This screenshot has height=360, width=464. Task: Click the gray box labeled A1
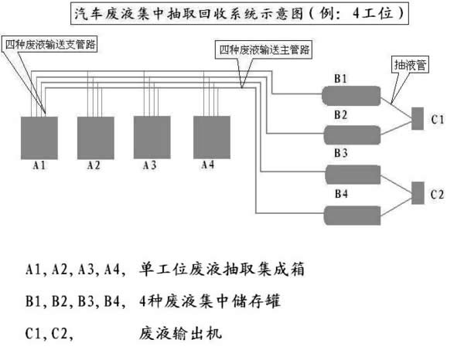tap(39, 138)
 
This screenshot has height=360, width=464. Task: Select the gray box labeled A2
tap(96, 138)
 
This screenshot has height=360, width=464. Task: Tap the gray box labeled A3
tap(152, 138)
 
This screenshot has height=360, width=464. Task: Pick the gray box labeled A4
tap(212, 138)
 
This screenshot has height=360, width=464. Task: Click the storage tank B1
tap(351, 96)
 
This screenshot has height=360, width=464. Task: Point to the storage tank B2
tap(352, 135)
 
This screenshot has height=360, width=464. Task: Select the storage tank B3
tap(353, 175)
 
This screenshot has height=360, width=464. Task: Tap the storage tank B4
tap(352, 216)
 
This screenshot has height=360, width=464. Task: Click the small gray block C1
tap(418, 118)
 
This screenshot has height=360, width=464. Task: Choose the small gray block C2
tap(418, 193)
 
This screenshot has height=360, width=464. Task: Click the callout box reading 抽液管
tap(410, 65)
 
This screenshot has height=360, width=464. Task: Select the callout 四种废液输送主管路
tap(264, 49)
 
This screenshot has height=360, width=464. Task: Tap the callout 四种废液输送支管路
tap(49, 44)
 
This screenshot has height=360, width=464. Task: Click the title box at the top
tap(240, 13)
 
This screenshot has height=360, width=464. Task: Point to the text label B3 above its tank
tap(340, 153)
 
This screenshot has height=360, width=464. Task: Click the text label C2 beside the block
tap(437, 195)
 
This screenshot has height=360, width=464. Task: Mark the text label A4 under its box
tap(208, 165)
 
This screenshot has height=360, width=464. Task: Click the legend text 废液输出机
tap(180, 334)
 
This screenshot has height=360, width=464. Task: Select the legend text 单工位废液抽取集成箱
tap(222, 269)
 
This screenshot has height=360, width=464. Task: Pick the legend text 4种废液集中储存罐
tap(210, 301)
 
